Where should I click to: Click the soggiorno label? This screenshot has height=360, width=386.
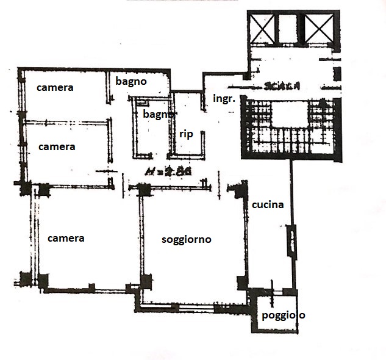[187, 240]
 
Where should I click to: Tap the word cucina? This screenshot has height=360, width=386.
[268, 204]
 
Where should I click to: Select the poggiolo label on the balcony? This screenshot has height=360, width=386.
[283, 315]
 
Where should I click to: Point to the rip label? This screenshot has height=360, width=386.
[186, 134]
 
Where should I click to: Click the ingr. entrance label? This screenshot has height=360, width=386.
[224, 98]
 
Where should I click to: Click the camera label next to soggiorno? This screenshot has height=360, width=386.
[66, 238]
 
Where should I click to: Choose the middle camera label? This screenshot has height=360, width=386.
[57, 146]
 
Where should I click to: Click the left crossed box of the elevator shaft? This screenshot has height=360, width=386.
[262, 29]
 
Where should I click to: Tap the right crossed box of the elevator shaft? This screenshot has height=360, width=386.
[319, 29]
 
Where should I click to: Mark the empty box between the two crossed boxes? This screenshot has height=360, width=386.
[290, 29]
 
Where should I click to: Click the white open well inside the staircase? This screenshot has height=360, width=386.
[290, 116]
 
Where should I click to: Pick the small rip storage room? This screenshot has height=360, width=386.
[187, 125]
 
